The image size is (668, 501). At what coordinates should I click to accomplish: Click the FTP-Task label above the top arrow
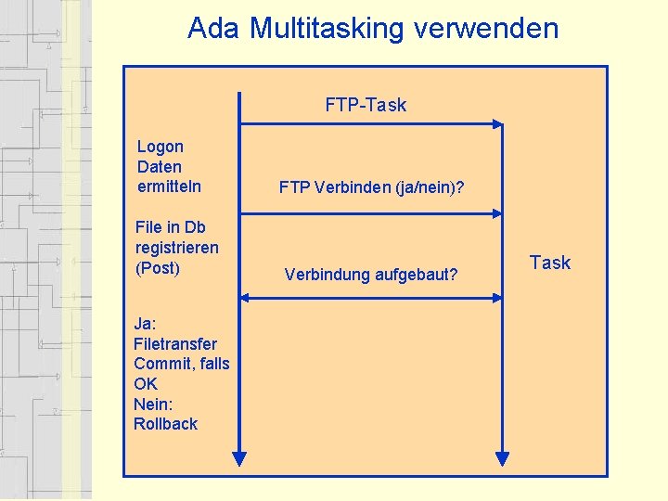click(366, 105)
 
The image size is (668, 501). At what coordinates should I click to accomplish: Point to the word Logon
click(161, 147)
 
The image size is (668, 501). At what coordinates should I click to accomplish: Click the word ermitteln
click(169, 186)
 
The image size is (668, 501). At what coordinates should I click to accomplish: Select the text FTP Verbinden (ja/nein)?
click(371, 187)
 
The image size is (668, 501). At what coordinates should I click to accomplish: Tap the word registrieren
click(177, 248)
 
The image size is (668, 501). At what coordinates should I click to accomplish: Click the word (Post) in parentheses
click(158, 268)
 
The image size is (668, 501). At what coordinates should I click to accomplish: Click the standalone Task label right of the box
click(550, 263)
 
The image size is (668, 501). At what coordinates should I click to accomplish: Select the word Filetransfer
click(175, 343)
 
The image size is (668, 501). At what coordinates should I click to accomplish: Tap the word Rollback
click(166, 424)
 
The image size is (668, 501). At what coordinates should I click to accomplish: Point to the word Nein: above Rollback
click(153, 404)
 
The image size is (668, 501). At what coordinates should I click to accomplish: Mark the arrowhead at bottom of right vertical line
click(502, 458)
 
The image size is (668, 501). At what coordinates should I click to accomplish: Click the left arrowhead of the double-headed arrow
click(245, 298)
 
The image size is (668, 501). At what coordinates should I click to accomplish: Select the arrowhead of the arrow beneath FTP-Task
click(498, 123)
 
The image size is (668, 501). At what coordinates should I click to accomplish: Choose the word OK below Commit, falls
click(146, 384)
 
